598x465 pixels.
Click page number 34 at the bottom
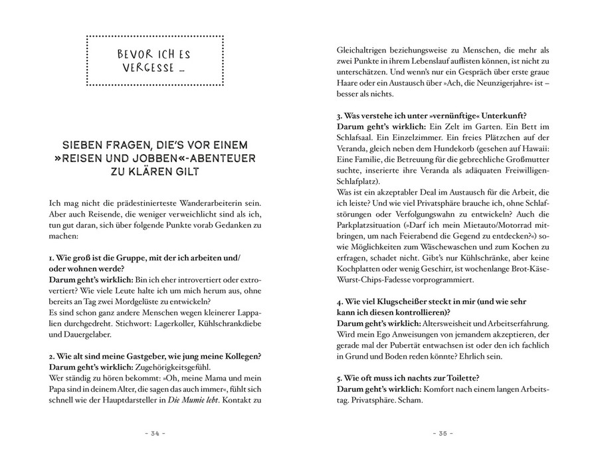tap(154, 434)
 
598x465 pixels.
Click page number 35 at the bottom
tap(443, 434)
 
